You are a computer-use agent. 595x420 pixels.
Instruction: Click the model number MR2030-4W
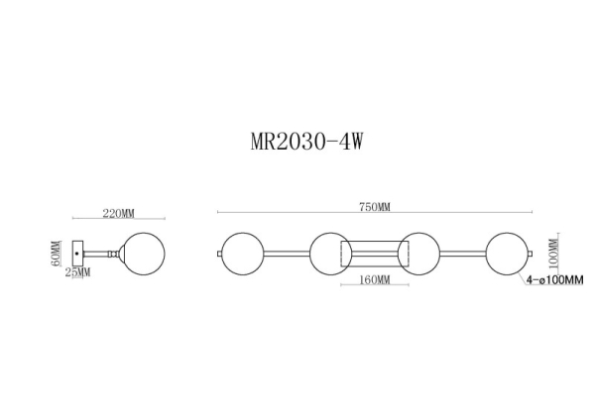[304, 140]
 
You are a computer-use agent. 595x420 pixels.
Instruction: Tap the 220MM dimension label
[119, 213]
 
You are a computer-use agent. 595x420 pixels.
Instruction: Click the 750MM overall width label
[375, 208]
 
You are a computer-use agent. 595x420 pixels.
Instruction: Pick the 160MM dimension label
[372, 280]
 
